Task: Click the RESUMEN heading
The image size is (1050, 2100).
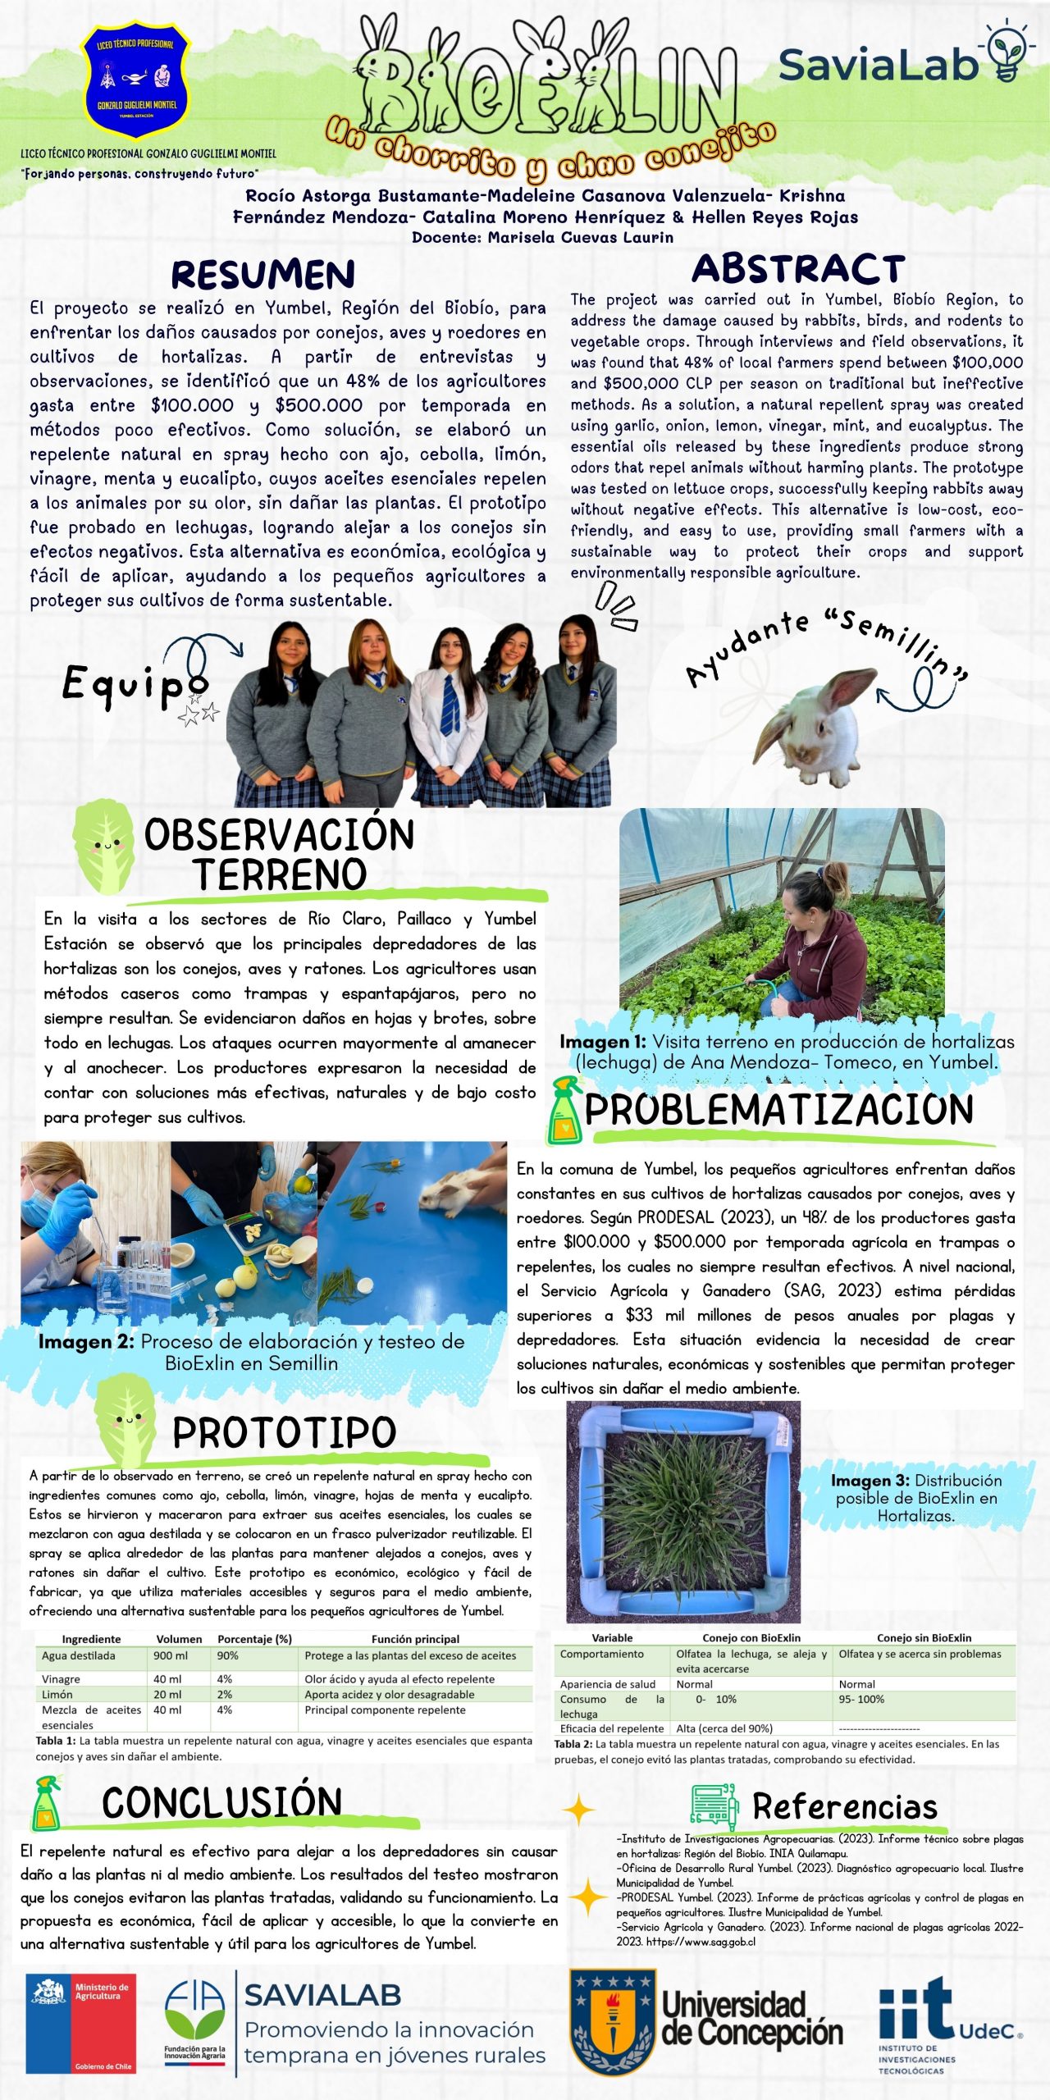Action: [x=262, y=275]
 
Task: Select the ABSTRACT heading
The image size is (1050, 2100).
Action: [x=797, y=269]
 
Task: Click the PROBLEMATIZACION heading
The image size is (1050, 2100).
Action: [x=778, y=1110]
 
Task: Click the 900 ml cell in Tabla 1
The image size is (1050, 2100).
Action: [x=169, y=1655]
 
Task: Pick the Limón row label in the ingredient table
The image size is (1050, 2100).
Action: [x=57, y=1694]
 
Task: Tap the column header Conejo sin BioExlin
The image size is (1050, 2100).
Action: [x=924, y=1638]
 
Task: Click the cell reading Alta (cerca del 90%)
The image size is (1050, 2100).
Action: [x=724, y=1728]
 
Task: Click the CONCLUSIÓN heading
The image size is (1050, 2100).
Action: [x=221, y=1803]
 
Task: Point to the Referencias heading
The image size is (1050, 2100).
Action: [x=844, y=1807]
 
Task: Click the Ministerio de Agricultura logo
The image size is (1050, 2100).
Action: [x=80, y=2024]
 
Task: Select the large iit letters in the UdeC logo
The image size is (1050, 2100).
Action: [x=915, y=2006]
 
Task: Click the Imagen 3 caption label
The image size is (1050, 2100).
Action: [x=870, y=1481]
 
